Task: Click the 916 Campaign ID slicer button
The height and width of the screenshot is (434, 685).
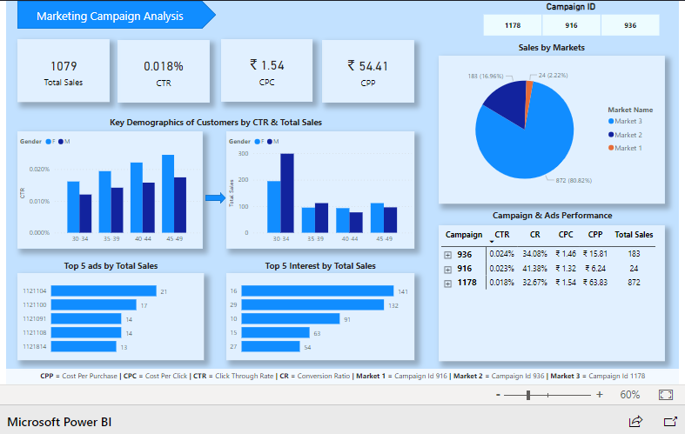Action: pyautogui.click(x=571, y=25)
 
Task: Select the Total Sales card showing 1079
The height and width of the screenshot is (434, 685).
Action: pyautogui.click(x=64, y=72)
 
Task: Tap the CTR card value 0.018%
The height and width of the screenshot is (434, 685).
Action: pyautogui.click(x=164, y=66)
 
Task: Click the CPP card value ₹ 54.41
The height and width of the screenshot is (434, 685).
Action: pyautogui.click(x=367, y=65)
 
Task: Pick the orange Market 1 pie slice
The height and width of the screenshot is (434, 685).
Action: pyautogui.click(x=528, y=87)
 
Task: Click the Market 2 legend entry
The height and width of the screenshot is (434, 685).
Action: pyautogui.click(x=628, y=135)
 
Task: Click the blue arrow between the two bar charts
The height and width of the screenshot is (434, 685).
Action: pyautogui.click(x=214, y=198)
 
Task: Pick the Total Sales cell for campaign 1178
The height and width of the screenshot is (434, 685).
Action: pyautogui.click(x=634, y=284)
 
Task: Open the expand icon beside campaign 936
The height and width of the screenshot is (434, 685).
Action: pyautogui.click(x=447, y=254)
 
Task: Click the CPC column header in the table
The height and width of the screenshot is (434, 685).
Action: pyautogui.click(x=565, y=234)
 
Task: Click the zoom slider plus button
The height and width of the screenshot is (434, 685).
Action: pyautogui.click(x=600, y=395)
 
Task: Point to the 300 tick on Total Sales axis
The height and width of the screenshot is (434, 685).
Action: pyautogui.click(x=243, y=154)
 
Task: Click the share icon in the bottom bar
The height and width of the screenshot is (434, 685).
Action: pyautogui.click(x=635, y=422)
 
